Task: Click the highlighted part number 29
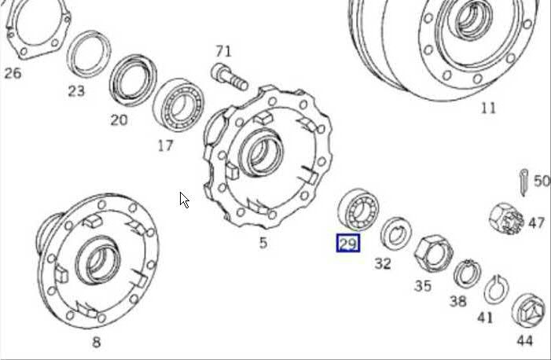348,244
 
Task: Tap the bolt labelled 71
230,77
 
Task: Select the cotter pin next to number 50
523,182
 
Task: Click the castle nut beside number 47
506,219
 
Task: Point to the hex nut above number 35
434,254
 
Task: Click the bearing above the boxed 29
358,210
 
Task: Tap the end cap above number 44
528,310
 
